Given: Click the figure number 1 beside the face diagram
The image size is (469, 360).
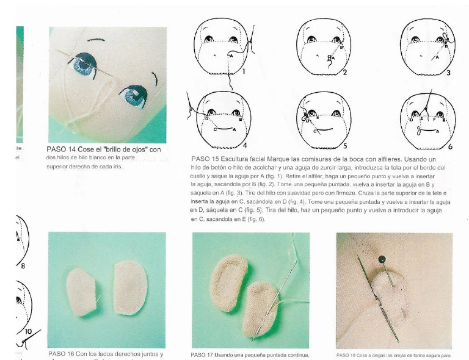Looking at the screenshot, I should (x=243, y=71).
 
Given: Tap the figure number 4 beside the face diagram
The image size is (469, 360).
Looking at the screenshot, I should (x=244, y=146).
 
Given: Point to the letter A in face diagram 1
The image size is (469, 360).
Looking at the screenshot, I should (x=231, y=56).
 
